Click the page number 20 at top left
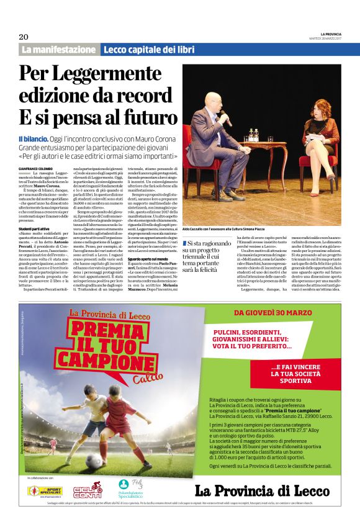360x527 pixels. (24, 36)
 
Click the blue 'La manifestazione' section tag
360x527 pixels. (60, 49)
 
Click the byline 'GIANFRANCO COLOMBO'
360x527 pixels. (35, 168)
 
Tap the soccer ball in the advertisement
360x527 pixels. (94, 462)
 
